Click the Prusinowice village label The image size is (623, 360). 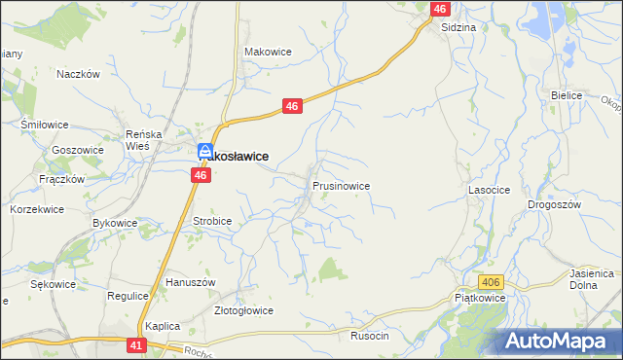click(341, 184)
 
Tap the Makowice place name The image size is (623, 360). click(268, 52)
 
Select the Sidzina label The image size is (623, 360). click(458, 27)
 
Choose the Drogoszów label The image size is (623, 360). click(554, 204)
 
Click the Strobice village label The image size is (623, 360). click(212, 221)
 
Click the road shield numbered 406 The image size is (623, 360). click(492, 282)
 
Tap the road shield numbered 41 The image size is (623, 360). click(136, 344)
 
